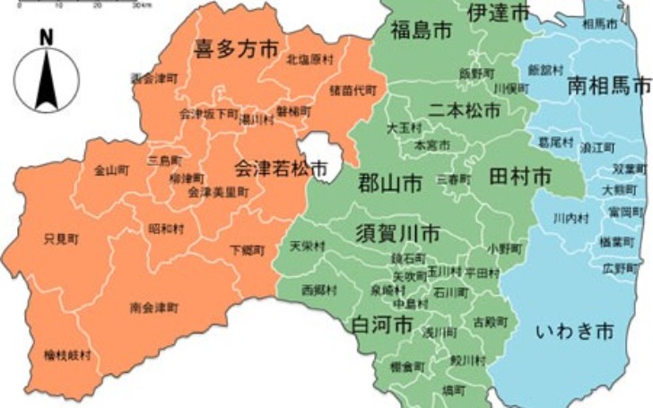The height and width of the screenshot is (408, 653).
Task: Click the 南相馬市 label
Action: point(609,86)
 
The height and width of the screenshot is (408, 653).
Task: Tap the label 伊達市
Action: point(498,12)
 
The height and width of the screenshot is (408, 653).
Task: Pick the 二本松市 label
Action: point(464,109)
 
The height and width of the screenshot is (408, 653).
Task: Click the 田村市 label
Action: point(519,177)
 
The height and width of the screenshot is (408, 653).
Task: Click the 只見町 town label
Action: point(61,239)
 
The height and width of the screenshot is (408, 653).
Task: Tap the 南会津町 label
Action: point(153,308)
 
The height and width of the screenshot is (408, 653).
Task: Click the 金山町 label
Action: point(111,169)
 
